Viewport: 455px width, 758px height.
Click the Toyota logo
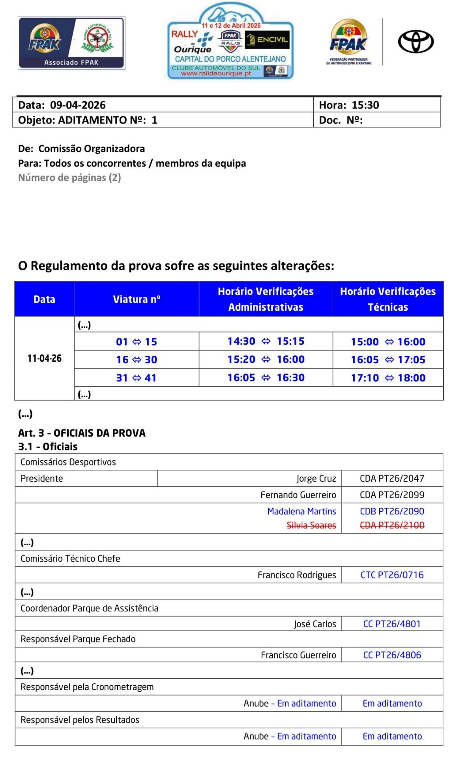point(416,41)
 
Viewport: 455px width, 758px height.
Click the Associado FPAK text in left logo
point(71,62)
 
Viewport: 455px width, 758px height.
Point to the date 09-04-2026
point(78,105)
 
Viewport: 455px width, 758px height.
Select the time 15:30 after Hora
point(365,105)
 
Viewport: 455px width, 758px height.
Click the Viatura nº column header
point(137,299)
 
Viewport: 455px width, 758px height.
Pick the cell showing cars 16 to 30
point(137,360)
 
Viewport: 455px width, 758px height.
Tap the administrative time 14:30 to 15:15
point(266,341)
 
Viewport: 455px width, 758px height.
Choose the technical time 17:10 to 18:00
point(388,378)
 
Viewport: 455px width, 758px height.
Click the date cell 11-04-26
point(44,358)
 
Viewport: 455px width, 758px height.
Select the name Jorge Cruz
point(316,478)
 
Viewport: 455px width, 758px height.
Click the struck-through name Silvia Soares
point(311,525)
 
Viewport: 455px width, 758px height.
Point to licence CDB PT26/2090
point(392,511)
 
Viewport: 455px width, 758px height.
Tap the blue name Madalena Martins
point(301,511)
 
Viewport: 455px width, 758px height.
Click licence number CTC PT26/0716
point(392,575)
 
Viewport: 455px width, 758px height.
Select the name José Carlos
point(315,624)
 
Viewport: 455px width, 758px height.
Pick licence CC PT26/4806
point(392,655)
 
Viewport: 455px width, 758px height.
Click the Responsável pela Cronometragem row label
point(87,687)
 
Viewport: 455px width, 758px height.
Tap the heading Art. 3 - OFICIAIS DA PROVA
point(82,433)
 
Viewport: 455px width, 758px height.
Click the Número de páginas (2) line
point(69,178)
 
